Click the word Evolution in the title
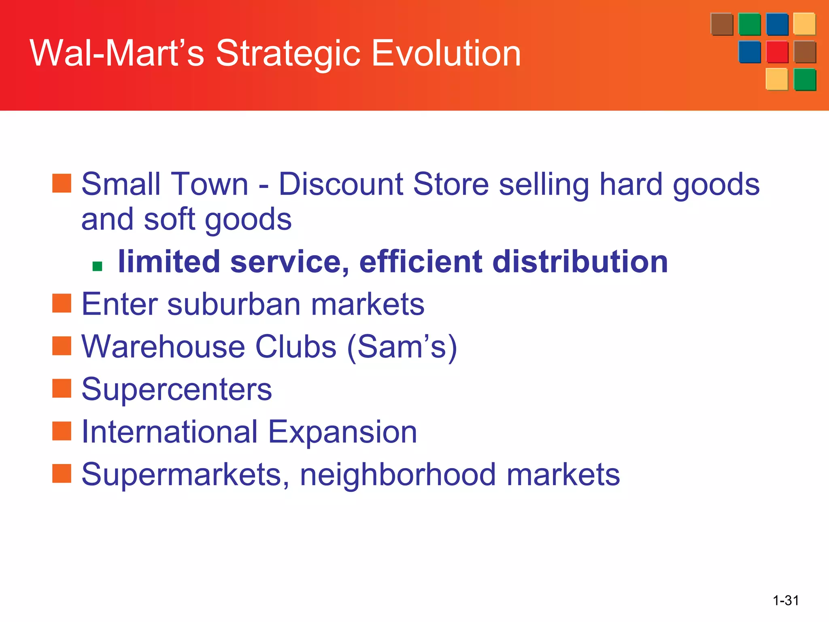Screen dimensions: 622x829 click(x=446, y=53)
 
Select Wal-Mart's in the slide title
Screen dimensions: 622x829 click(x=117, y=53)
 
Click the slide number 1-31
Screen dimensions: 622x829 click(x=786, y=600)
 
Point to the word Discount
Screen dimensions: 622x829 click(x=341, y=184)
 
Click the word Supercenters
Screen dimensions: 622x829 click(x=176, y=389)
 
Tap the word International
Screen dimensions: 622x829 click(x=170, y=432)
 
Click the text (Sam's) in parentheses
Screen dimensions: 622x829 click(x=402, y=347)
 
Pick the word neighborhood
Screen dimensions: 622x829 click(x=397, y=475)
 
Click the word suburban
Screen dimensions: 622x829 click(x=234, y=304)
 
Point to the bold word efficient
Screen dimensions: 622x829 click(x=421, y=262)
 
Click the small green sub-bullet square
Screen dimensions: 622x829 click(x=97, y=266)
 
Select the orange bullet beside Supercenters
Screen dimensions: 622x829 click(x=62, y=388)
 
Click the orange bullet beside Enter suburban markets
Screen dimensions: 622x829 click(x=62, y=303)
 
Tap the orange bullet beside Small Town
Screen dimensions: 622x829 click(x=62, y=183)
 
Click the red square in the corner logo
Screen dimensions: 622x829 click(x=777, y=52)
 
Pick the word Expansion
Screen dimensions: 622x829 click(x=342, y=432)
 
